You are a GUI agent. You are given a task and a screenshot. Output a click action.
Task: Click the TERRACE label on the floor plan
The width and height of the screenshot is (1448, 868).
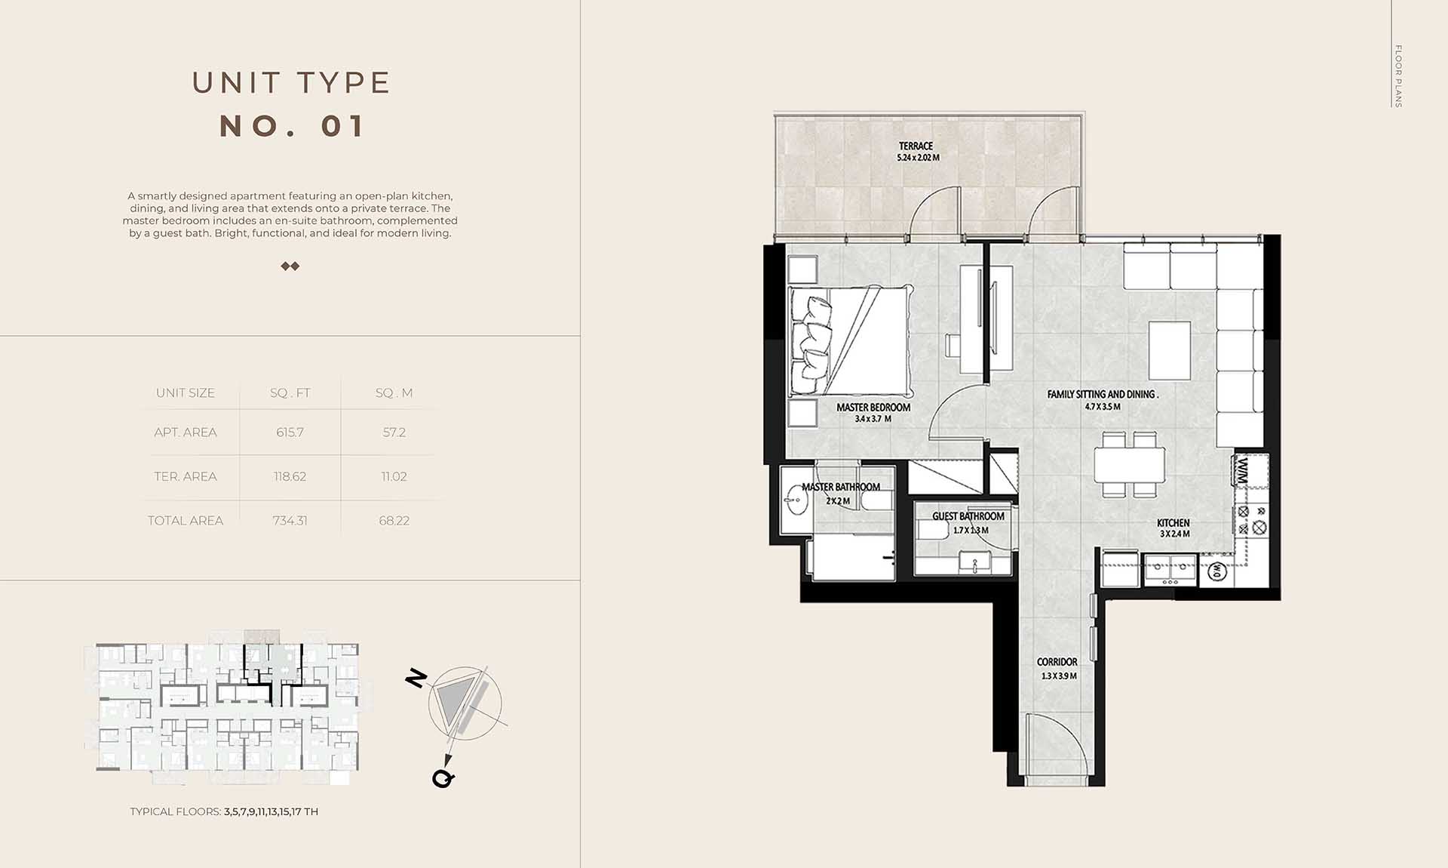pyautogui.click(x=916, y=146)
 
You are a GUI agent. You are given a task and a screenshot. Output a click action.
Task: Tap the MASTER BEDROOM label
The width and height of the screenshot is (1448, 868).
pyautogui.click(x=873, y=407)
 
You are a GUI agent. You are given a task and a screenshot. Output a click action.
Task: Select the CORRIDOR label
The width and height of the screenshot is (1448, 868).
pyautogui.click(x=1057, y=662)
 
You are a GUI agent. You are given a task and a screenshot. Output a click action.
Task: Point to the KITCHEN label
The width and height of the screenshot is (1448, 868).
pyautogui.click(x=1173, y=522)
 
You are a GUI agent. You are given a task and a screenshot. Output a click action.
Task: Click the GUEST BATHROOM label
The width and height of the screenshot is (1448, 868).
pyautogui.click(x=968, y=516)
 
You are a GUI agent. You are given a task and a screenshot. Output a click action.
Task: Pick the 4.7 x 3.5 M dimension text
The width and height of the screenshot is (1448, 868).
pyautogui.click(x=1103, y=407)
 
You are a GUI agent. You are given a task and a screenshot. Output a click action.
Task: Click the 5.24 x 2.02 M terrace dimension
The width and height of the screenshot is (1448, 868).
pyautogui.click(x=918, y=158)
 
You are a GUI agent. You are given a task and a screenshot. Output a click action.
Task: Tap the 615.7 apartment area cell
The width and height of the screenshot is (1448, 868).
pyautogui.click(x=290, y=432)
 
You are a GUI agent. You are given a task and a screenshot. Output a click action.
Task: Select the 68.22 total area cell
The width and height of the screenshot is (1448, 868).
pyautogui.click(x=394, y=521)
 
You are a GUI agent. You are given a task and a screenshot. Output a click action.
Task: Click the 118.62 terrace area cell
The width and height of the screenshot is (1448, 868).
pyautogui.click(x=290, y=476)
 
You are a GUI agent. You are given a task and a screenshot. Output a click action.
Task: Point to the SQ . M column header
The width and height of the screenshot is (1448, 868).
pyautogui.click(x=394, y=392)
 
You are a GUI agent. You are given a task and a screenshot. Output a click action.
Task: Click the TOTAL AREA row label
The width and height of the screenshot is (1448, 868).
pyautogui.click(x=186, y=521)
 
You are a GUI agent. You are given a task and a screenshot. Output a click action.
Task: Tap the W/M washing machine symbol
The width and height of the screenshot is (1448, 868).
pyautogui.click(x=1243, y=472)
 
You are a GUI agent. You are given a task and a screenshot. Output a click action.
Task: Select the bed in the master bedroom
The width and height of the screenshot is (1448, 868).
pyautogui.click(x=851, y=340)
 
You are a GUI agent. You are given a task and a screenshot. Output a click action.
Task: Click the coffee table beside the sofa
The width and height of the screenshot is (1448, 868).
pyautogui.click(x=1170, y=350)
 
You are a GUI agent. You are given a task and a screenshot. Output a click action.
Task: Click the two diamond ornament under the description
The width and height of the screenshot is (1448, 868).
pyautogui.click(x=290, y=266)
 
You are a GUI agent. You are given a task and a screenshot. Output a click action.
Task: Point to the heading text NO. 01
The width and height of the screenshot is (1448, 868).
pyautogui.click(x=292, y=126)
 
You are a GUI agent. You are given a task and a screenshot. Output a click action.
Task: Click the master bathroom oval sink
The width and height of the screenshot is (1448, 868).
pyautogui.click(x=796, y=500)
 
